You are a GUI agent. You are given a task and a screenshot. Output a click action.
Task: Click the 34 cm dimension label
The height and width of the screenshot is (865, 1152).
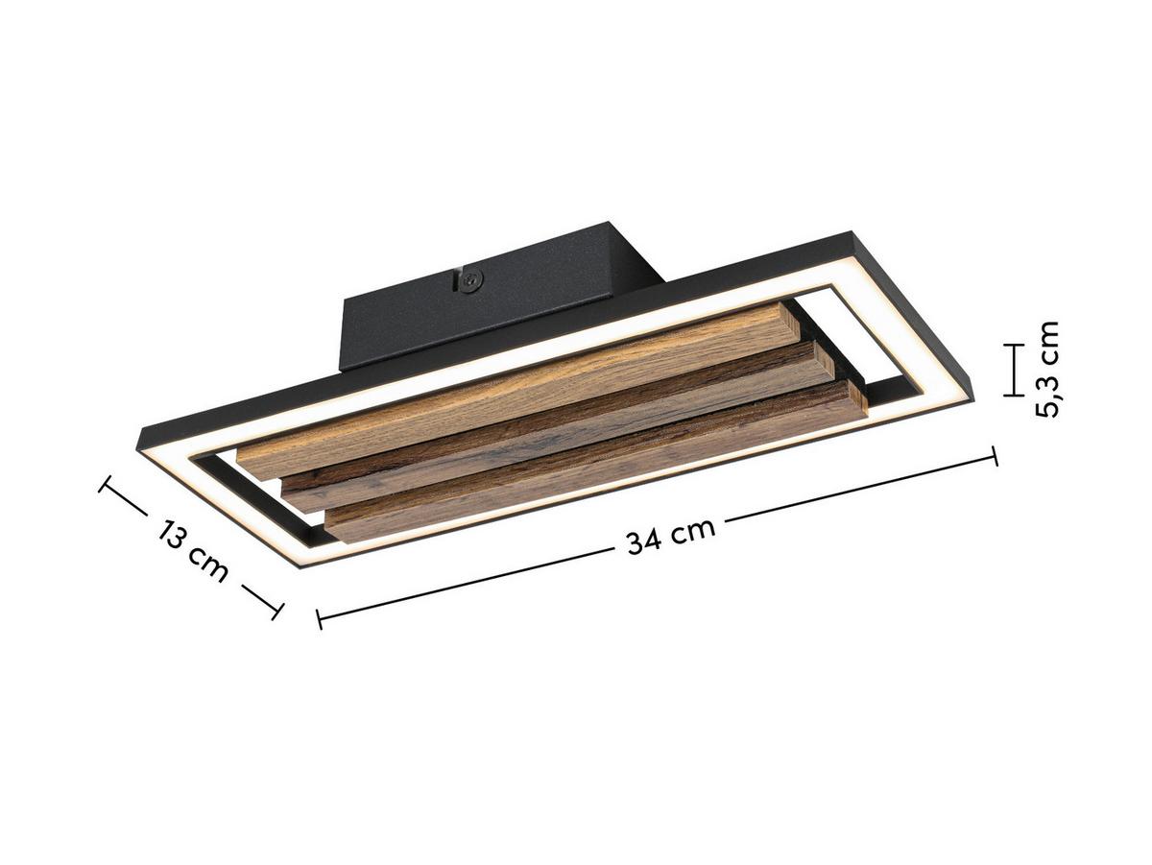pyautogui.click(x=671, y=536)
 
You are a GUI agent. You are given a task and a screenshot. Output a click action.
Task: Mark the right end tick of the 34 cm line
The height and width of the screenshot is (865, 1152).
pyautogui.click(x=994, y=456)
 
